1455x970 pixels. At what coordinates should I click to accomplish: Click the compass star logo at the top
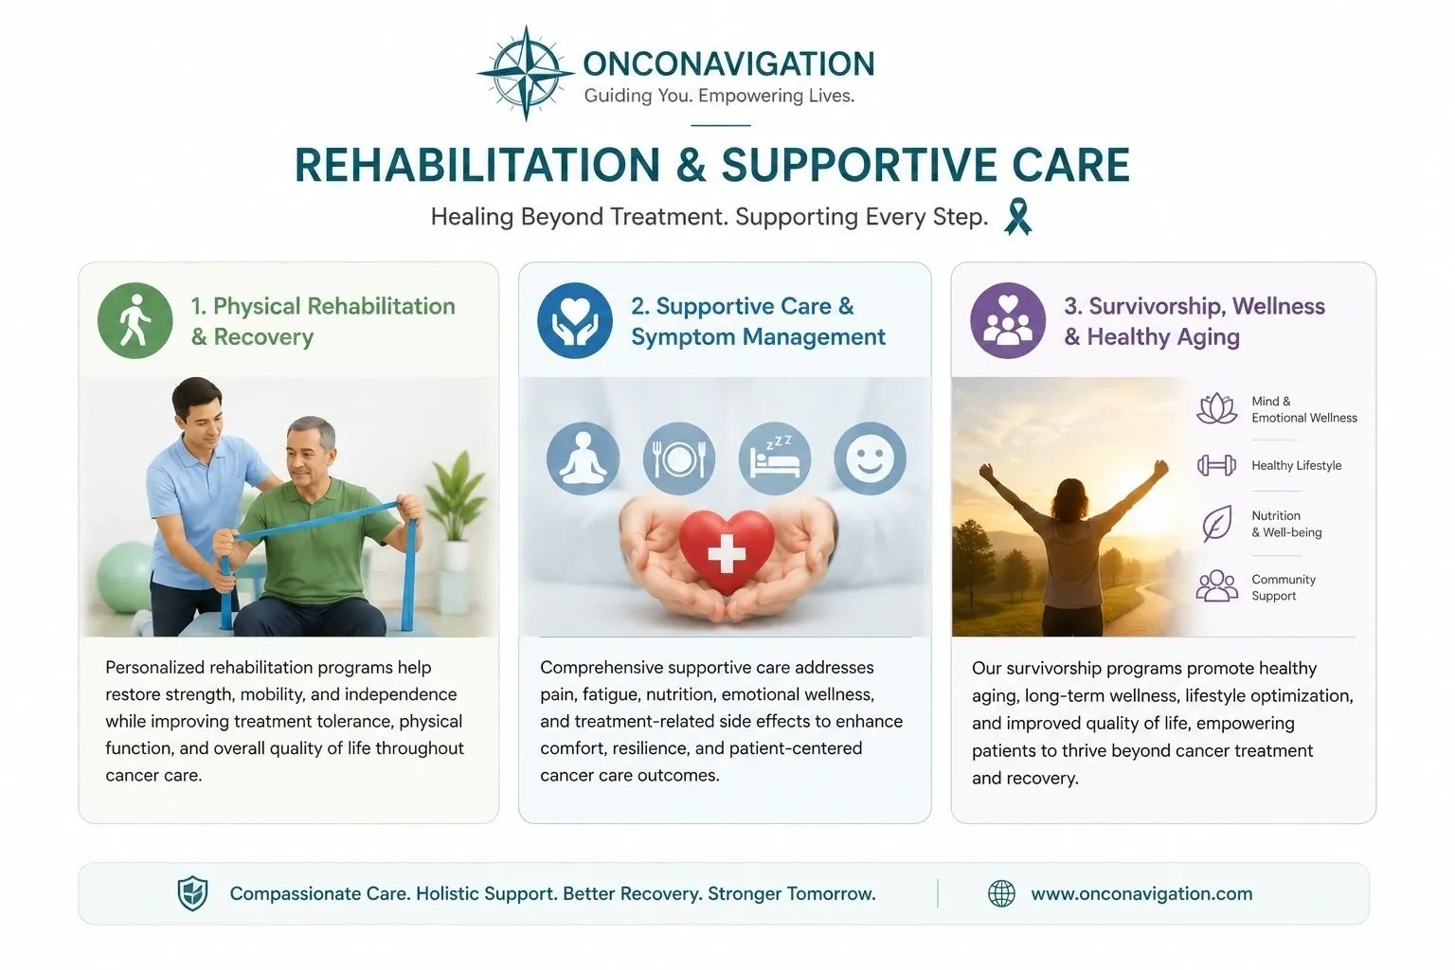click(526, 74)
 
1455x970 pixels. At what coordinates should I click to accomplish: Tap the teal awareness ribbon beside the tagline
click(1017, 216)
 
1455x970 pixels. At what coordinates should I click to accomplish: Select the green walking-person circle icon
click(135, 320)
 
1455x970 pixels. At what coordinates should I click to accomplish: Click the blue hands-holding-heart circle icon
click(575, 320)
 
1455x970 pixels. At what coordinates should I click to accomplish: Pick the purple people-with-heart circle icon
click(1008, 320)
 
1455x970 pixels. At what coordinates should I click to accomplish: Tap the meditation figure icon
click(583, 458)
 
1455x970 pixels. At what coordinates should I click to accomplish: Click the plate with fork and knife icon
click(679, 458)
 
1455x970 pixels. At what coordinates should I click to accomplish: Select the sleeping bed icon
click(774, 458)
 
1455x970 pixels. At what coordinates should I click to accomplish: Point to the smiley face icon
click(870, 458)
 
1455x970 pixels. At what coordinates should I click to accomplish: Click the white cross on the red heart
click(727, 554)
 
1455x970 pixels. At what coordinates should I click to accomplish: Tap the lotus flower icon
click(1216, 408)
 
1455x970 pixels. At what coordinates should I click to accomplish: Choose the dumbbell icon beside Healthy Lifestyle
click(1216, 465)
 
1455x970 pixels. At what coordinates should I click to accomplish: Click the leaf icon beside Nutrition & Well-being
click(1216, 523)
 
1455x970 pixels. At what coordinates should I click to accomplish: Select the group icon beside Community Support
click(1216, 586)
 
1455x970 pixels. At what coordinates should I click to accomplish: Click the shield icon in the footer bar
click(193, 893)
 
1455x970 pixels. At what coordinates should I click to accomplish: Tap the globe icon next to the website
click(1001, 893)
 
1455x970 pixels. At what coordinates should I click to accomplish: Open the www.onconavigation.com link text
click(1141, 894)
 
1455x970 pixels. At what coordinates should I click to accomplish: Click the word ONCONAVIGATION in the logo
click(728, 63)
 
